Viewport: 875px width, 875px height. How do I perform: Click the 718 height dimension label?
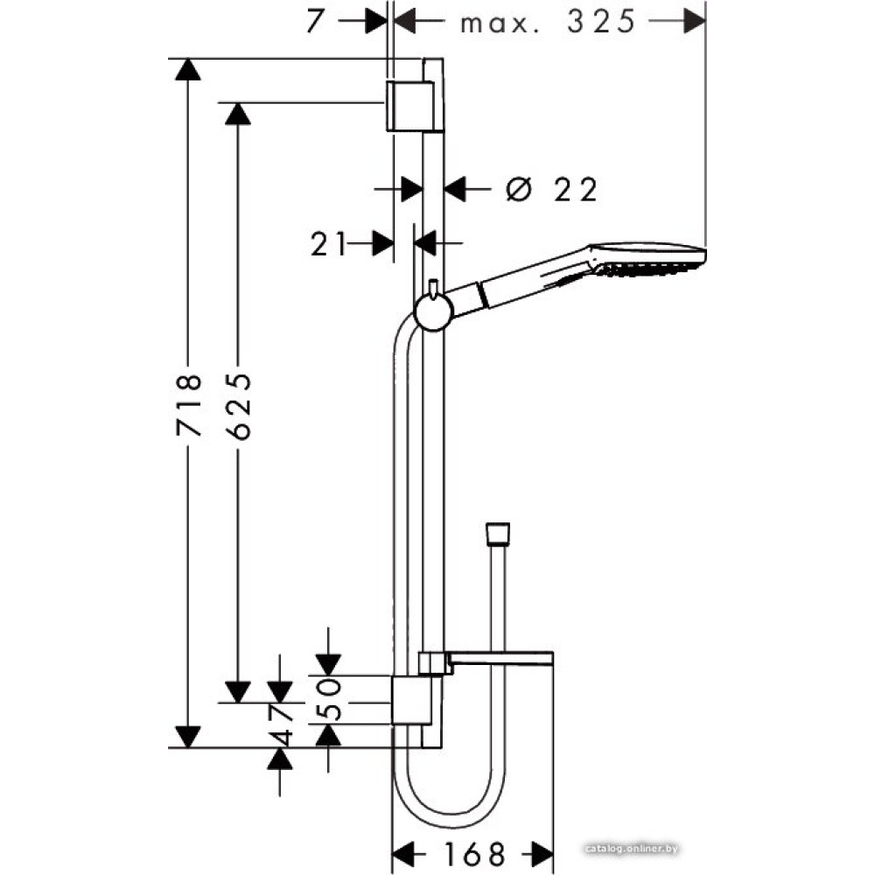tap(188, 405)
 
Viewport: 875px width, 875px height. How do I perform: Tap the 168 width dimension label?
tap(473, 853)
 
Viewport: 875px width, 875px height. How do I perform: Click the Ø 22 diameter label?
tap(551, 190)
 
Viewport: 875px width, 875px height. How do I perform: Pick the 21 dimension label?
tap(328, 244)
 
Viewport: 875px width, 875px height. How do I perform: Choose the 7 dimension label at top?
tap(315, 22)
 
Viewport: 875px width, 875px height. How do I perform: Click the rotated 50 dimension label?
tap(329, 698)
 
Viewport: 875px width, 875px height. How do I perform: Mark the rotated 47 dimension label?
tap(281, 724)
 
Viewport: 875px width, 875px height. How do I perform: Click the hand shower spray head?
tap(650, 260)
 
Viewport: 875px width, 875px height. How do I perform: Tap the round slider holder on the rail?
tap(432, 312)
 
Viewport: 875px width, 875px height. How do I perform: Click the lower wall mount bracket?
tap(411, 701)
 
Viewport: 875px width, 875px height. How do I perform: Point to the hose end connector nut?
tap(497, 534)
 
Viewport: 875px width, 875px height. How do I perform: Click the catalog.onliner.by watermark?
tap(632, 849)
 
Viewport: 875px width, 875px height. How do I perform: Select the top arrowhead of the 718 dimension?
tap(188, 70)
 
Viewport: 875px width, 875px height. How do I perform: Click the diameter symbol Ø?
tap(517, 190)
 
